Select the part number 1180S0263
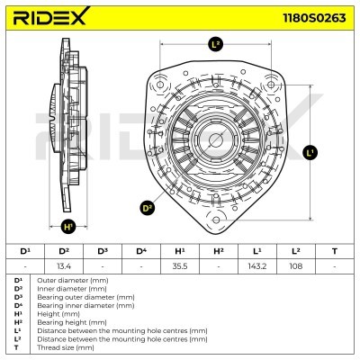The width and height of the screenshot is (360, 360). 314,18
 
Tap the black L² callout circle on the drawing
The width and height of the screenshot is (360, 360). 215,44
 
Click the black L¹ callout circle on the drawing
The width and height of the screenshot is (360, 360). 310,152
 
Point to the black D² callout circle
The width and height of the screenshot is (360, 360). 148,208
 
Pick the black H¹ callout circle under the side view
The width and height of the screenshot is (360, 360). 68,227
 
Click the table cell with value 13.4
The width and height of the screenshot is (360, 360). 64,266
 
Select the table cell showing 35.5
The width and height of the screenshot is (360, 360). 180,266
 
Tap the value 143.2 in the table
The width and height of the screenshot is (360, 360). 257,266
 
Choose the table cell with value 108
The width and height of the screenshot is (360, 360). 296,266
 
